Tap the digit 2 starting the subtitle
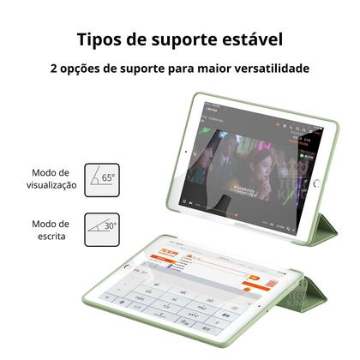(x=54, y=70)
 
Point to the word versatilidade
(x=267, y=70)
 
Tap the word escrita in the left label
(x=51, y=236)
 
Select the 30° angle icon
(x=102, y=228)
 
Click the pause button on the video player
(x=184, y=201)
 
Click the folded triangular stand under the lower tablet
(x=330, y=300)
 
